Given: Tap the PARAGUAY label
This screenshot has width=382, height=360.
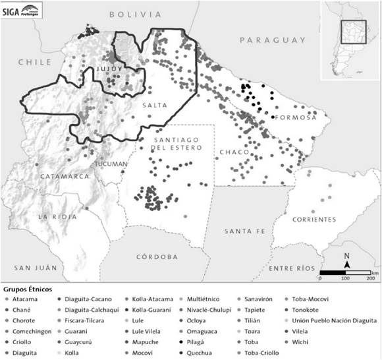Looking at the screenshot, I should [x=272, y=40].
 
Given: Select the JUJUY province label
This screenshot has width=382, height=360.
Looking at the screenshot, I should [x=109, y=69].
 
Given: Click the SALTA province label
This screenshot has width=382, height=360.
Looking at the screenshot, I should [x=155, y=105].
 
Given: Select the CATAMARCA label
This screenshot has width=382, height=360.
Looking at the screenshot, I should [x=65, y=177].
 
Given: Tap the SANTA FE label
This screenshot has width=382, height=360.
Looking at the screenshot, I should [x=244, y=231].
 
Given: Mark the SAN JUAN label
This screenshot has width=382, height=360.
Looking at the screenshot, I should [x=34, y=268].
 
